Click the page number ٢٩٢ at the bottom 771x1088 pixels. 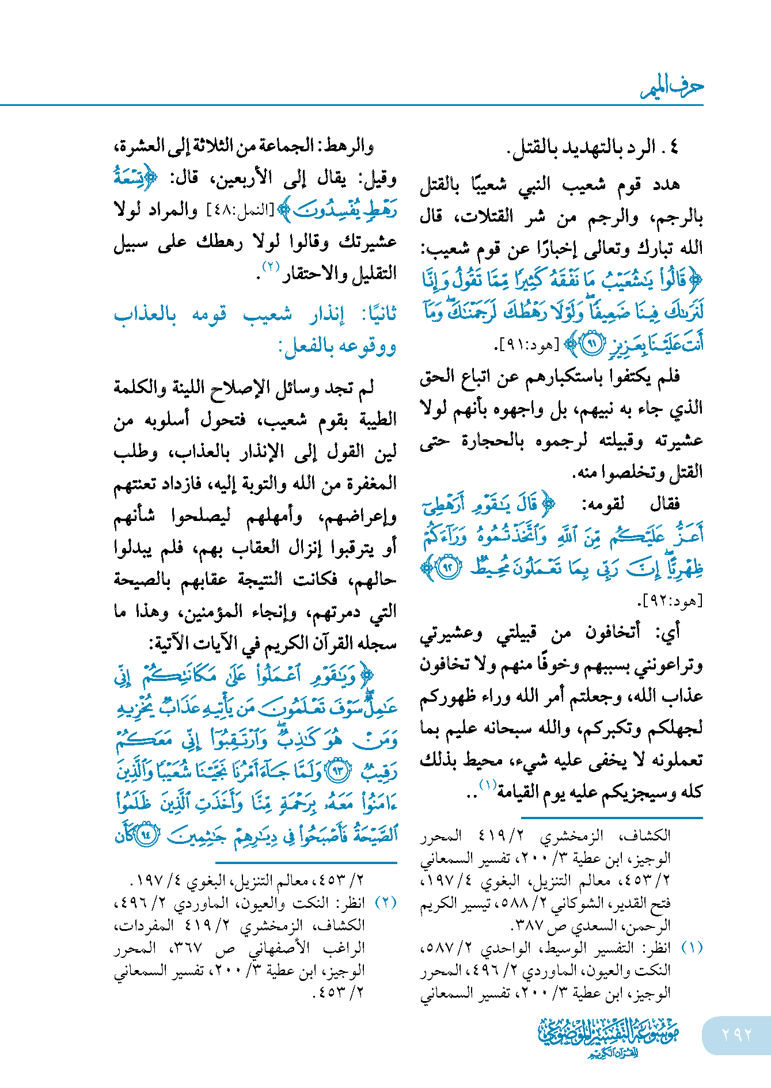coord(737,1034)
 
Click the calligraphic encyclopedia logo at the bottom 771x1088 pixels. coord(609,1037)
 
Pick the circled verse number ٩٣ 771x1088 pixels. coord(338,770)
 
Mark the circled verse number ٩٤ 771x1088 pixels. coord(147,834)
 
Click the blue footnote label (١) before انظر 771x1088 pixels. coord(692,948)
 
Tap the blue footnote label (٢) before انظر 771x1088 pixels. coord(386,903)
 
